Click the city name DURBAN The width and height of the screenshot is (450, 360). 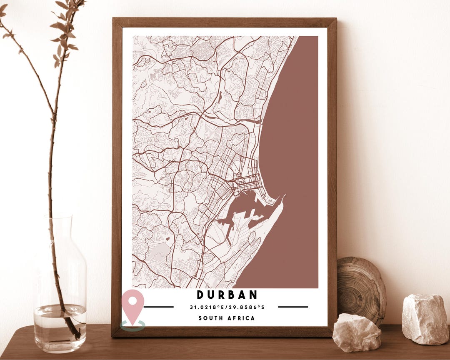[x=227, y=295]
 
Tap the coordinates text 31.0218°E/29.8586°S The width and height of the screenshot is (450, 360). [x=227, y=307]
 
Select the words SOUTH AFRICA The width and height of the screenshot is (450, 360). [x=227, y=318]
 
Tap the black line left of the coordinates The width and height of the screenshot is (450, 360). [x=159, y=307]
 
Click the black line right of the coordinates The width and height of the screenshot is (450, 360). [x=293, y=307]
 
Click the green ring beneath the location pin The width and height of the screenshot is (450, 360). [x=133, y=325]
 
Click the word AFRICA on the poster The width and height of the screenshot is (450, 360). [x=242, y=318]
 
